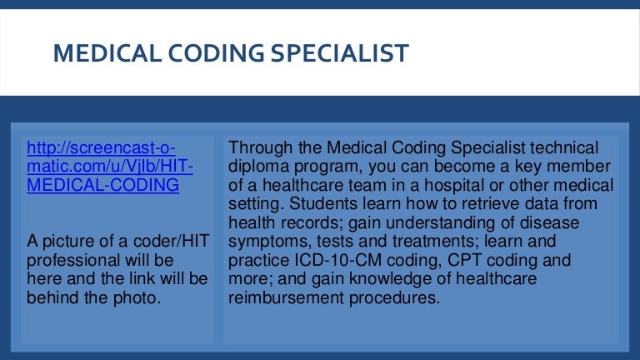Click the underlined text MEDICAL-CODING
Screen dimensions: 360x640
click(x=103, y=185)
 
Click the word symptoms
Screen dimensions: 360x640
click(x=263, y=242)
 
